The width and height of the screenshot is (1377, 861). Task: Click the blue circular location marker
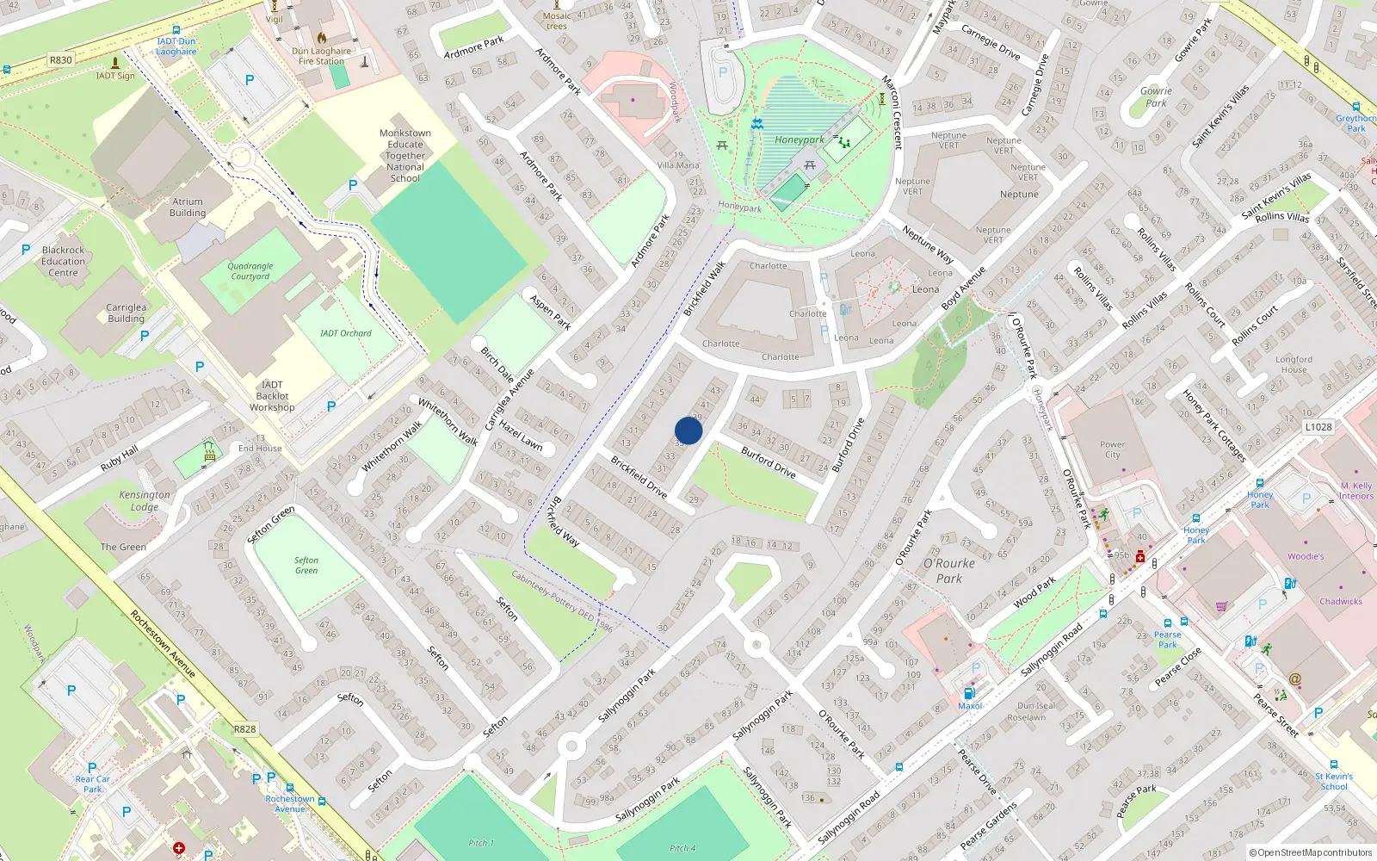click(688, 430)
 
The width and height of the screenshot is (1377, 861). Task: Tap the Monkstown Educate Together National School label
click(405, 156)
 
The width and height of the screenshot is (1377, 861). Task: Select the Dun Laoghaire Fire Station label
click(321, 56)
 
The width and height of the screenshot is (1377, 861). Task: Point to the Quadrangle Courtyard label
click(250, 271)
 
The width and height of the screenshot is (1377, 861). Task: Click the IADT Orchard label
click(346, 333)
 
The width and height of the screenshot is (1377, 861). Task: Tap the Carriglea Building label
click(126, 313)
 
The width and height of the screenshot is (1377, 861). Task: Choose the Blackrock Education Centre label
click(63, 261)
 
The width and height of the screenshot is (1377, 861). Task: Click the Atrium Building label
click(187, 208)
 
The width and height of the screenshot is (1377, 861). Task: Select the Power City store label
click(1112, 449)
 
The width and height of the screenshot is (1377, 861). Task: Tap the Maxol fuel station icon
click(969, 693)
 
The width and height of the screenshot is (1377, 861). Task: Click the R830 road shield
click(61, 60)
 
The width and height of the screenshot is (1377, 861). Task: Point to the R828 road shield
click(245, 728)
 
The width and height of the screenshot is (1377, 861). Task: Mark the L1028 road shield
click(1318, 427)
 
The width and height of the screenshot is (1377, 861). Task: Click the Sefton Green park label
click(306, 565)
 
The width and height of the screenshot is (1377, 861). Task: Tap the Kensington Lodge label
click(145, 500)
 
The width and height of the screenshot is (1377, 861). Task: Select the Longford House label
click(1294, 364)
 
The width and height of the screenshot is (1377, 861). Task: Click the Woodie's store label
click(1306, 556)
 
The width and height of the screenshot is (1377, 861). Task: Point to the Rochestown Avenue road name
click(163, 643)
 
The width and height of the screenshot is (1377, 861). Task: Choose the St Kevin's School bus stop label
click(1334, 781)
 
